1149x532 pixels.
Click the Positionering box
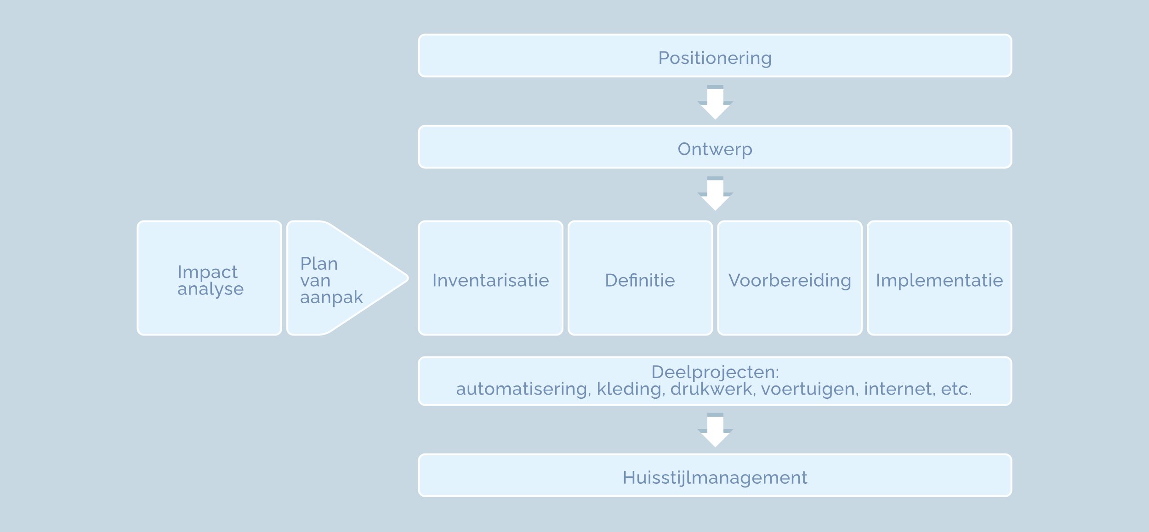point(715,56)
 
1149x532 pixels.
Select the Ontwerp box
point(715,147)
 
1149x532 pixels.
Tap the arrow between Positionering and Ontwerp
point(715,103)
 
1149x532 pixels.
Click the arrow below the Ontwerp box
point(715,194)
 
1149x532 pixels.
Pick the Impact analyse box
point(209,278)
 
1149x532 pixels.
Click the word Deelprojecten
point(715,372)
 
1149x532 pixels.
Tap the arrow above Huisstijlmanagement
point(715,430)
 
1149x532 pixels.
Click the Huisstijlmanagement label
point(715,478)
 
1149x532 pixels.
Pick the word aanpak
point(331,298)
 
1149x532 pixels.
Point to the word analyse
point(210,289)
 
